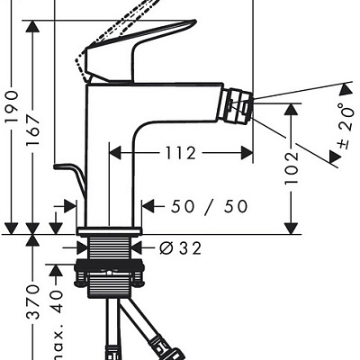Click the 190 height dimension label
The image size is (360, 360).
pyautogui.click(x=13, y=107)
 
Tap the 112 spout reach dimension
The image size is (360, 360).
pyautogui.click(x=181, y=153)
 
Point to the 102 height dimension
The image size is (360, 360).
pyautogui.click(x=292, y=168)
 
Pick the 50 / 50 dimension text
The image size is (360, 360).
pyautogui.click(x=210, y=207)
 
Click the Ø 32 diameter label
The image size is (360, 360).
pyautogui.click(x=180, y=248)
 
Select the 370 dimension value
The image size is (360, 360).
pyautogui.click(x=33, y=302)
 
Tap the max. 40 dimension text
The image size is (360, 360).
pyautogui.click(x=57, y=325)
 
